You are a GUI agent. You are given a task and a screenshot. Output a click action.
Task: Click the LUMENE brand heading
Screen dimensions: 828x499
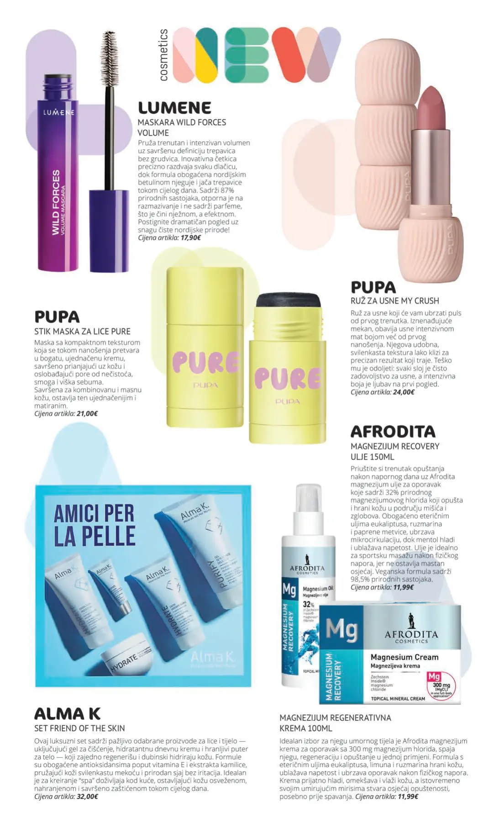[x=174, y=108]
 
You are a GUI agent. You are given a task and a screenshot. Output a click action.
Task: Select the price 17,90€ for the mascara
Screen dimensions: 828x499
[x=191, y=237]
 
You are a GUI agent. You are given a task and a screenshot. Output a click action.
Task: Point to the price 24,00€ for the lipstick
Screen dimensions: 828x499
[x=404, y=392]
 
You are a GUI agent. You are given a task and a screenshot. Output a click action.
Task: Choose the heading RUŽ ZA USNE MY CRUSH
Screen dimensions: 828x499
[x=394, y=301]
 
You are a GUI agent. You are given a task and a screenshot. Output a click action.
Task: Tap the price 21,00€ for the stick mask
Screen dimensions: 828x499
[x=87, y=413]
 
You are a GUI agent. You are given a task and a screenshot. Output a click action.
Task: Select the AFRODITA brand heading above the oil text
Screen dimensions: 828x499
[x=393, y=432]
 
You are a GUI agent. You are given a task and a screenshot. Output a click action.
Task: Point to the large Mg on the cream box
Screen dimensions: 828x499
[x=341, y=630]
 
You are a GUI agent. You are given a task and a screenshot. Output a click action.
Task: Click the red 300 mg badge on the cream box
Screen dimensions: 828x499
[x=441, y=683]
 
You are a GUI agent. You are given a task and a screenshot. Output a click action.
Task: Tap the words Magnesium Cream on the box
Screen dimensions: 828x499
[x=404, y=657]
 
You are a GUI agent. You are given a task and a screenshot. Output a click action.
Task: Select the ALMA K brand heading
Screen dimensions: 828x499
[x=67, y=714]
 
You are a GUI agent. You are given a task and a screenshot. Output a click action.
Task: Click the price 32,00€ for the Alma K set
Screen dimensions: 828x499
[x=87, y=796]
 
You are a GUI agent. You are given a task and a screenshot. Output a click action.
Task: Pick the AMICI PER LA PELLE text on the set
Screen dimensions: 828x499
[x=95, y=525]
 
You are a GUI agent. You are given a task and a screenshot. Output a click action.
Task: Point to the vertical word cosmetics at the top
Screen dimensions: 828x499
[x=163, y=55]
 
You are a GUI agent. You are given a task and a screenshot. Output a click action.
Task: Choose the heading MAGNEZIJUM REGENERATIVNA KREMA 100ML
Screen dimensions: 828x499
[x=335, y=723]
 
